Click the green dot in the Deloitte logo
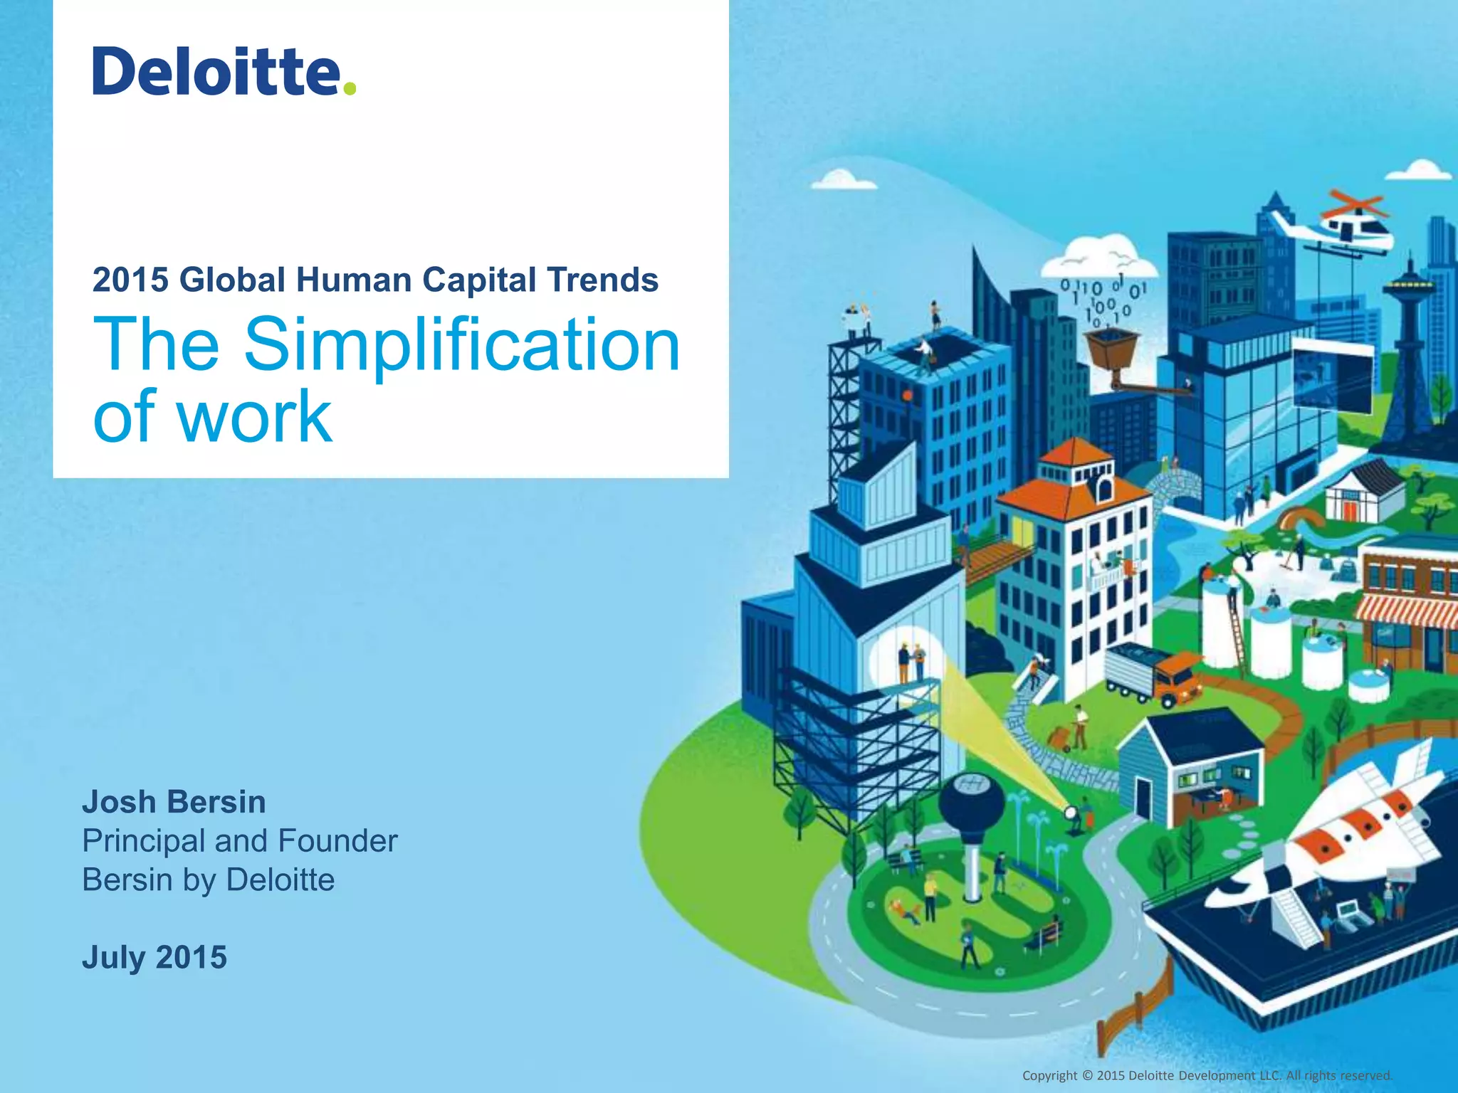[349, 88]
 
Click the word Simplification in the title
[462, 344]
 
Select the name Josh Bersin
[174, 802]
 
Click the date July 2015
[154, 957]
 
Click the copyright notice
[1207, 1075]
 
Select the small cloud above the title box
[844, 179]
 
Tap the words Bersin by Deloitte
[208, 880]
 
